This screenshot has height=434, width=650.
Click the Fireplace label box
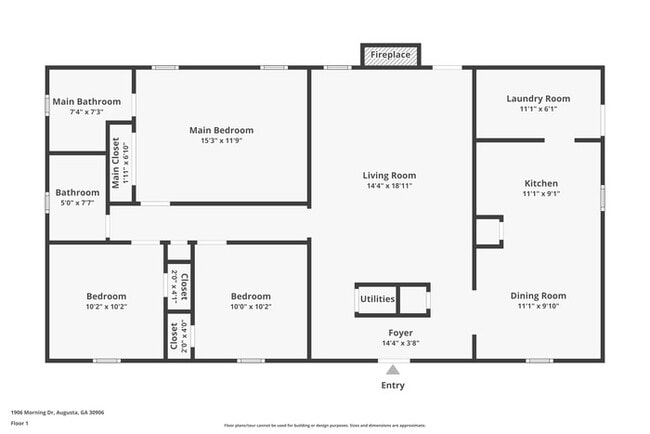tap(390, 54)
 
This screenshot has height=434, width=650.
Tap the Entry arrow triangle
tap(392, 370)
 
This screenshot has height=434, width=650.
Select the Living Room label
tap(389, 175)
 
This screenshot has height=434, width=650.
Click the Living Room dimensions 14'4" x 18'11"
tap(389, 186)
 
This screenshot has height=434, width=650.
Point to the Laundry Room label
tap(538, 98)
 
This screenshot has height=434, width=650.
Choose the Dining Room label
tap(538, 295)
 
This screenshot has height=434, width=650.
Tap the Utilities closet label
tap(378, 299)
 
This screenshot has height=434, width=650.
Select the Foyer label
tap(400, 332)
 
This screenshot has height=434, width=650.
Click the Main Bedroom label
tap(221, 130)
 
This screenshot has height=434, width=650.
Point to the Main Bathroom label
tap(87, 101)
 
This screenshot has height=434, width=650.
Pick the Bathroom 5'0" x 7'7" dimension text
tap(77, 203)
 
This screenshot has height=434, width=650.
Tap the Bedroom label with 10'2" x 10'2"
tap(106, 296)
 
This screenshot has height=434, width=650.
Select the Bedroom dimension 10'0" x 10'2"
tap(250, 307)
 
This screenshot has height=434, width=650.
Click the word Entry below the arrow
tap(393, 386)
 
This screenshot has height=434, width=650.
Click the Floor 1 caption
tap(20, 423)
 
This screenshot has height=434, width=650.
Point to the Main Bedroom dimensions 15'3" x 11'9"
tap(221, 141)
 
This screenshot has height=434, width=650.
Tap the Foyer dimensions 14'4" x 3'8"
tap(400, 343)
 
